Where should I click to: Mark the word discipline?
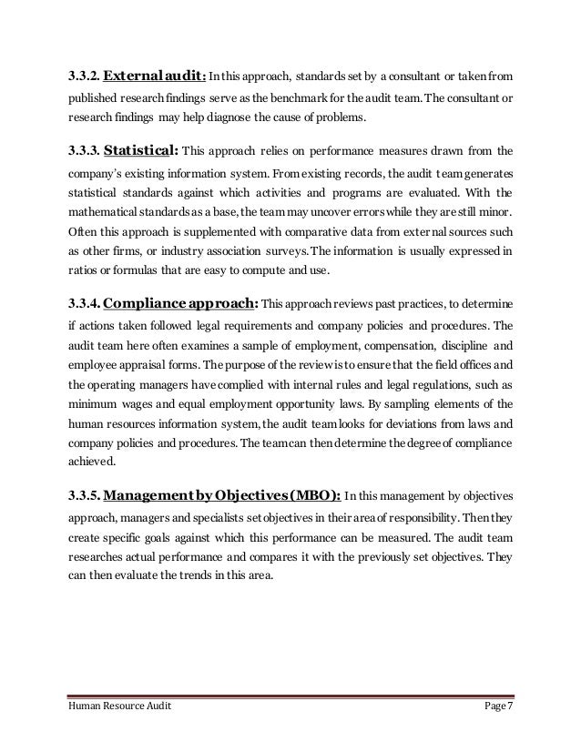point(461,345)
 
